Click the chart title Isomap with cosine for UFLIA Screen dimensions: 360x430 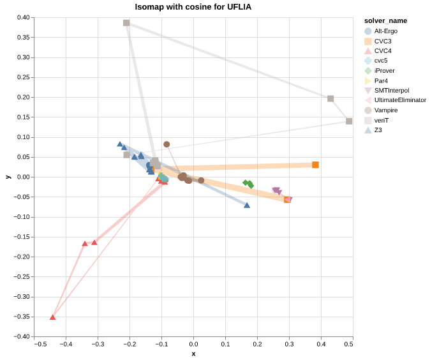pyautogui.click(x=193, y=7)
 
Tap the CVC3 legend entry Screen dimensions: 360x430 pyautogui.click(x=383, y=41)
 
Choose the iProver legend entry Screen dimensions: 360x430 pyautogui.click(x=385, y=70)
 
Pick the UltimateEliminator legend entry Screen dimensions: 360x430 pyautogui.click(x=400, y=100)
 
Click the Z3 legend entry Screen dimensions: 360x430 pyautogui.click(x=378, y=130)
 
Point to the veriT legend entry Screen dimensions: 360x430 pyautogui.click(x=381, y=120)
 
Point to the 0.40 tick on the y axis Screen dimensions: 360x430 pyautogui.click(x=23, y=18)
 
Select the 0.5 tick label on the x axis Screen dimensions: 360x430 pyautogui.click(x=348, y=345)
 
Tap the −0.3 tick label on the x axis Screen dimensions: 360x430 pyautogui.click(x=97, y=345)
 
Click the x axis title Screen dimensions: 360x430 pyautogui.click(x=193, y=354)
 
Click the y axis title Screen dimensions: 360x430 pyautogui.click(x=8, y=177)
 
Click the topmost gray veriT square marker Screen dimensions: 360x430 pyautogui.click(x=126, y=23)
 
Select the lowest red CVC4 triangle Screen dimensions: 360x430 pyautogui.click(x=53, y=317)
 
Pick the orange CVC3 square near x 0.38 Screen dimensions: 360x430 pyautogui.click(x=315, y=165)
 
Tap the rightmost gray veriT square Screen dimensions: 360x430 pyautogui.click(x=349, y=121)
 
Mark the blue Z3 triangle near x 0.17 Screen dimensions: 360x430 pyautogui.click(x=247, y=205)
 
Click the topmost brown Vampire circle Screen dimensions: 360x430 pyautogui.click(x=167, y=144)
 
